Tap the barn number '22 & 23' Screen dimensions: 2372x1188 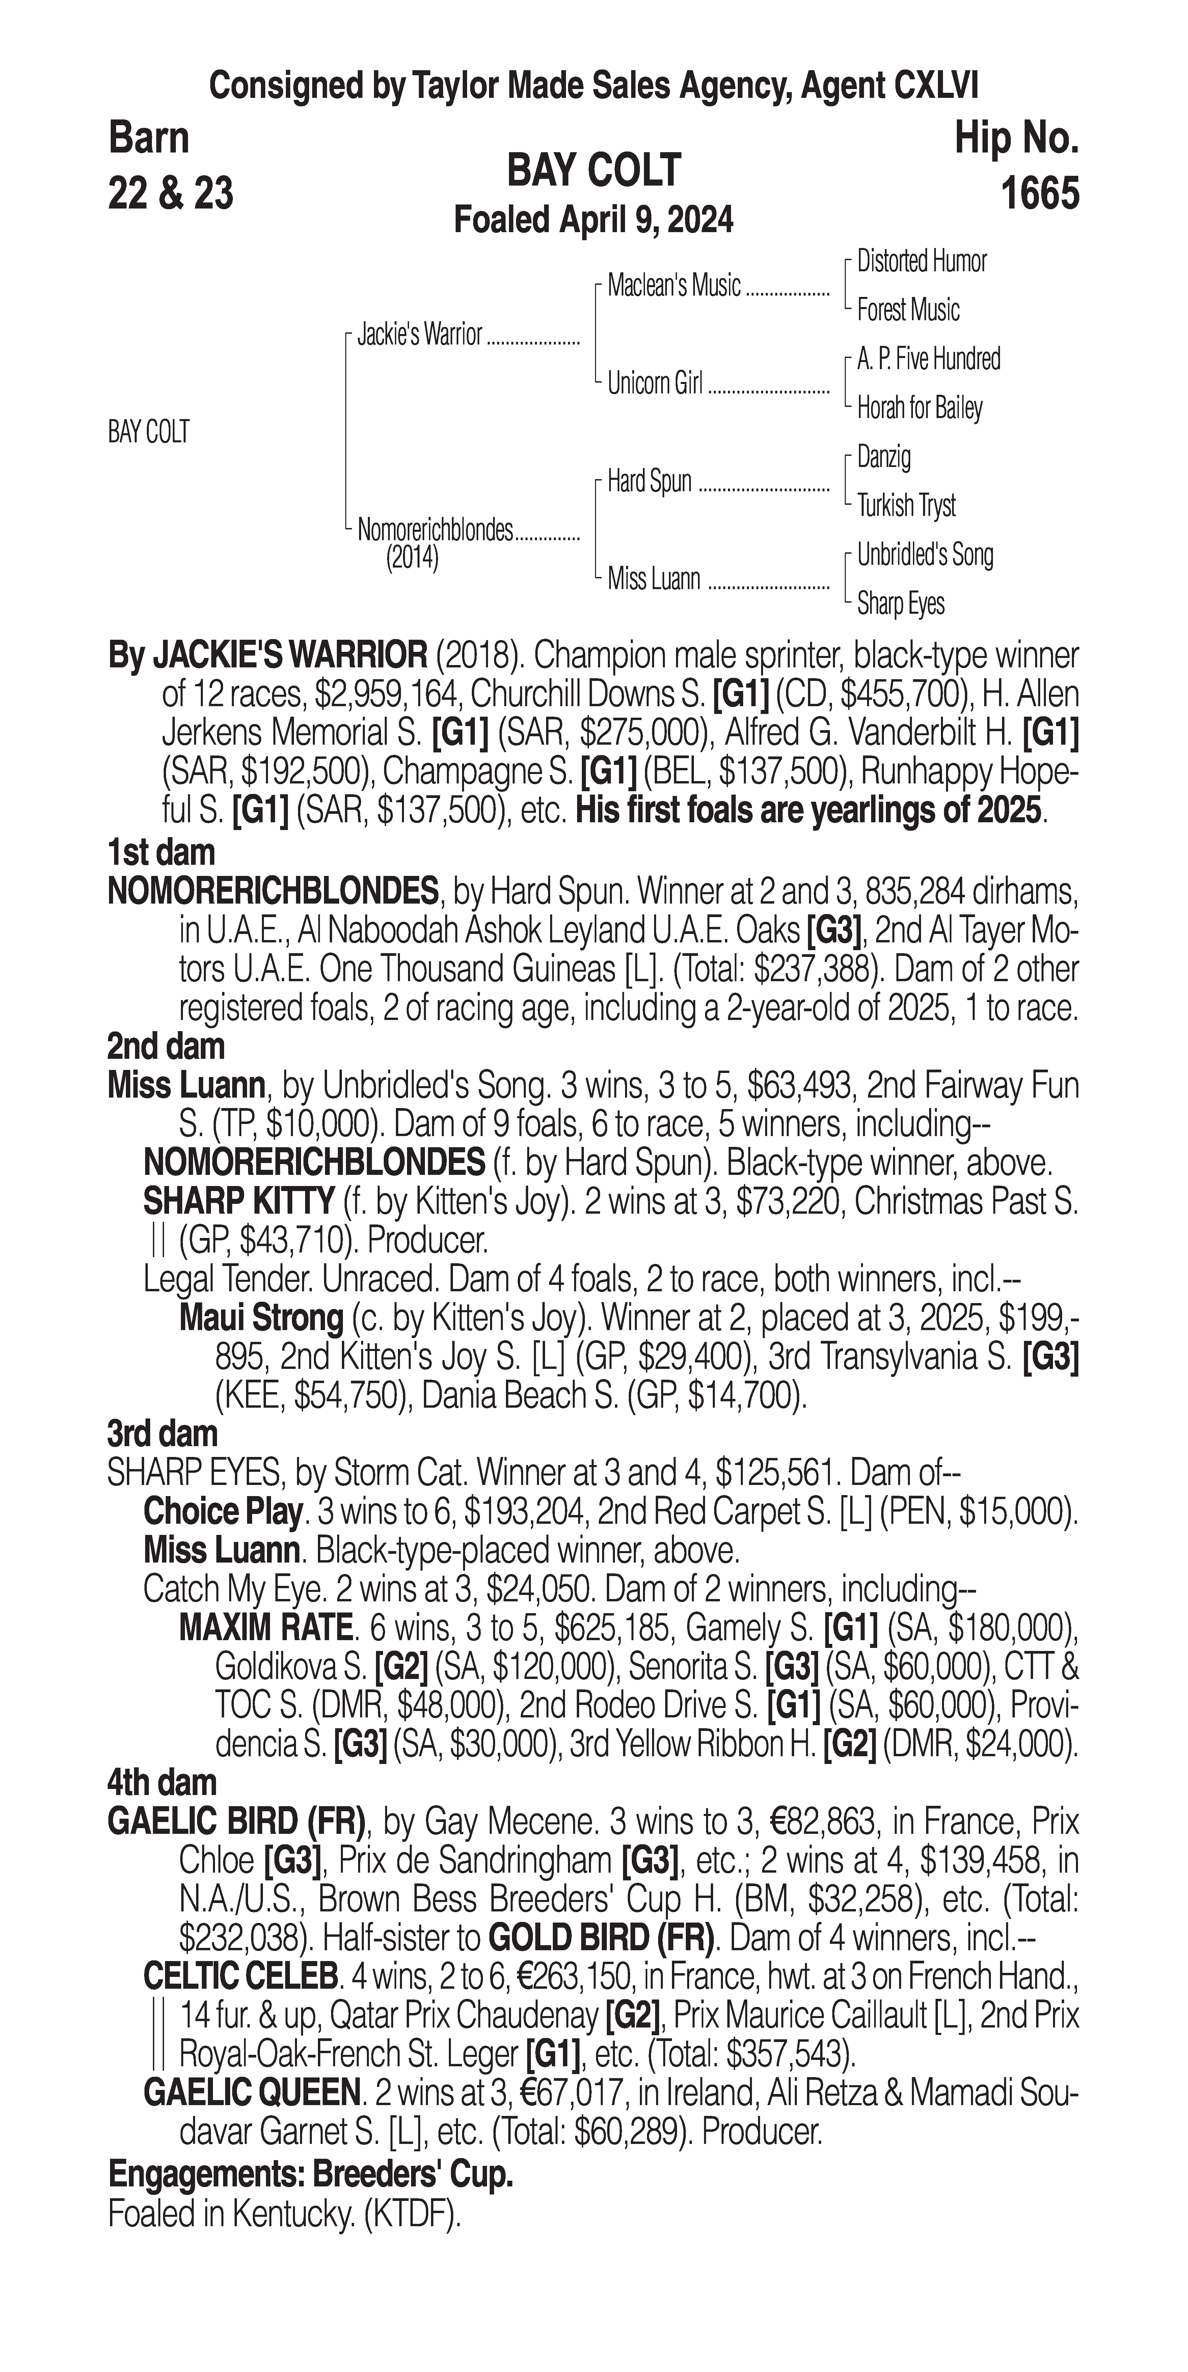(x=170, y=193)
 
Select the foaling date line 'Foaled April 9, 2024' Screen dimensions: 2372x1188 (x=594, y=220)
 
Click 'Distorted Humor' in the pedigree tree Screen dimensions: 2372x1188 (x=921, y=261)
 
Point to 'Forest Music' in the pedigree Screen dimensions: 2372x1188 (x=908, y=310)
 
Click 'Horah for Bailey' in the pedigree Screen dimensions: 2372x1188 (x=919, y=408)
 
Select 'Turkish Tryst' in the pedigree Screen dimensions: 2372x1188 (x=906, y=505)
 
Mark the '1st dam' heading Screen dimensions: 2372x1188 (x=161, y=853)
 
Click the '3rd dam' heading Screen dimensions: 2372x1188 (x=163, y=1434)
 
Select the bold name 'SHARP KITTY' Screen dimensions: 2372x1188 (x=239, y=1201)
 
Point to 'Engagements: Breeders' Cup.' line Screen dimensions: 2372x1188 (x=310, y=2174)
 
